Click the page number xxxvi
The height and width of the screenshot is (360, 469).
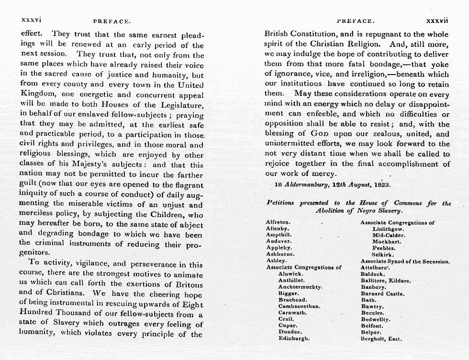30,21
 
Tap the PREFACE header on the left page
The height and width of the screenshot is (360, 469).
112,22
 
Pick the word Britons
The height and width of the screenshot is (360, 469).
186,284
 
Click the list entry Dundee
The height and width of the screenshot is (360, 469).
290,332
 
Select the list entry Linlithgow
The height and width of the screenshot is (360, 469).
389,229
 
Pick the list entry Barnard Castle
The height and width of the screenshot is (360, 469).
382,294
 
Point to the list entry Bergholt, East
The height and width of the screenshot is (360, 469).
381,339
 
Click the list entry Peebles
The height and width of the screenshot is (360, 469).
383,248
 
